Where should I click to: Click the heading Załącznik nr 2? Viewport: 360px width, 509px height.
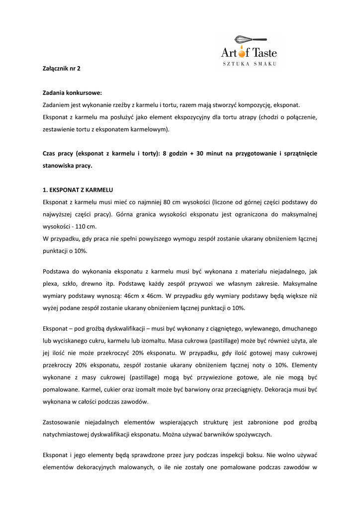pos(61,69)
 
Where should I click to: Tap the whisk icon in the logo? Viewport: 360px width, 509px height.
pos(250,39)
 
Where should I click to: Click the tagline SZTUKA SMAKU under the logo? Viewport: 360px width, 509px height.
pos(249,64)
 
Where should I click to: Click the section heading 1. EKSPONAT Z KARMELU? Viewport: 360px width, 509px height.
pos(78,190)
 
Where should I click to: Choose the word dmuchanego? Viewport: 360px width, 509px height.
pos(299,329)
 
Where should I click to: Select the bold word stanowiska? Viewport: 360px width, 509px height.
pos(59,166)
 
